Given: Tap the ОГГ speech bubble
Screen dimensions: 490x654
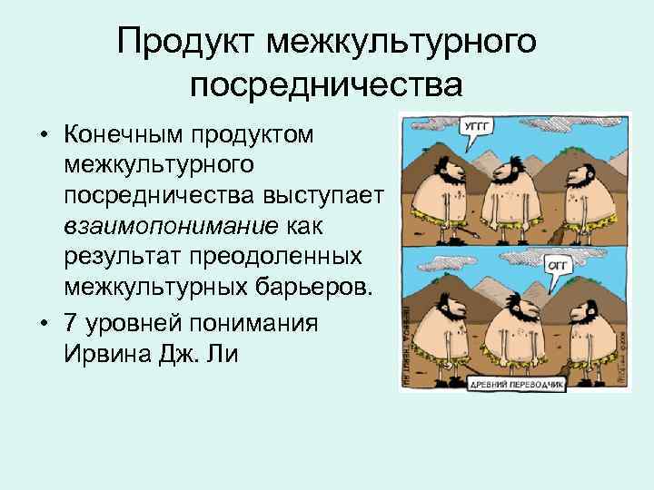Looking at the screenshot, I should [558, 263].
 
